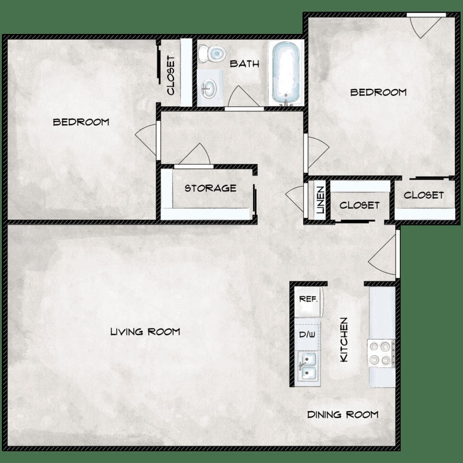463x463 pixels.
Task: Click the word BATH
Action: pos(244,64)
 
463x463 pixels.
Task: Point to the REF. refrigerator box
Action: pos(308,299)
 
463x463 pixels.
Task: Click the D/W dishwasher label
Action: pos(307,335)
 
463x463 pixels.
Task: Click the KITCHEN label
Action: pos(344,340)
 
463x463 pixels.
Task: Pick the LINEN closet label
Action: pos(320,201)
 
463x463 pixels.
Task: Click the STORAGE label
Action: pos(210,188)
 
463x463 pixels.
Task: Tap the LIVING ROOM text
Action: pos(145,332)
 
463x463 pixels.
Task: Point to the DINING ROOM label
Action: pos(343,414)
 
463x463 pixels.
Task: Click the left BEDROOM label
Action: pos(81,122)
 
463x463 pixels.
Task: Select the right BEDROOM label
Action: pos(378,93)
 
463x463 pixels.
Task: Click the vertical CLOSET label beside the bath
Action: pos(171,75)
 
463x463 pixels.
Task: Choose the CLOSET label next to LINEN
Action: pos(359,205)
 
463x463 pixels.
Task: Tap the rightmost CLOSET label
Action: pos(423,195)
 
